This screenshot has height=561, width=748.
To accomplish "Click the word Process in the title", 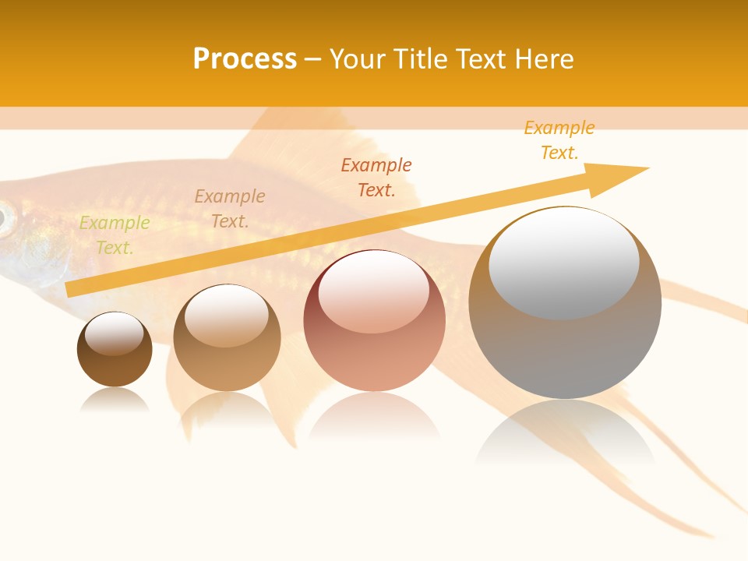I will [245, 59].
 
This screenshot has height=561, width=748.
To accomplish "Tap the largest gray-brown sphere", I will [565, 351].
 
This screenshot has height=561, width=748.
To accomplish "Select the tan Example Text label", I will [230, 209].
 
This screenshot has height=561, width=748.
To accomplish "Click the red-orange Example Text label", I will [376, 177].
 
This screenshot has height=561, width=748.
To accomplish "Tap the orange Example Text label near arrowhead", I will [559, 140].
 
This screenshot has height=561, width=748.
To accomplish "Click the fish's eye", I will [5, 219].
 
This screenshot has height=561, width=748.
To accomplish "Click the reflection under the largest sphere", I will [565, 432].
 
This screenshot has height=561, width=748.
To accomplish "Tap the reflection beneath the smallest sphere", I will [115, 400].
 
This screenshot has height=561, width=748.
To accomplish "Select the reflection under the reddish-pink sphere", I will [374, 421].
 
